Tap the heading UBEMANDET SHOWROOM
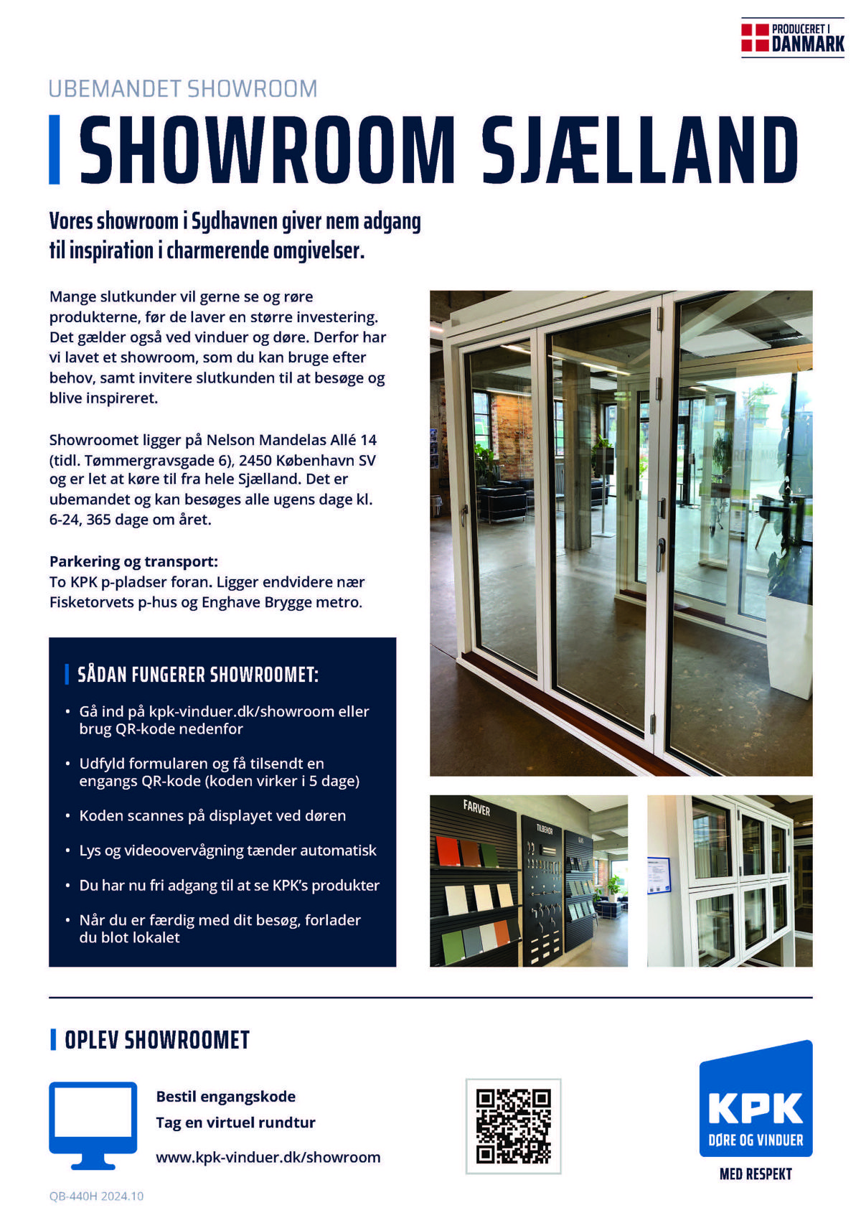coord(183,89)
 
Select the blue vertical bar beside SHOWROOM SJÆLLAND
coord(54,149)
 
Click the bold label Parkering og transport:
coord(133,561)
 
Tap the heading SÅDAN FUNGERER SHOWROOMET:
coord(198,675)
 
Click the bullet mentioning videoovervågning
coord(227,851)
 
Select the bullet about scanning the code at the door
coord(212,816)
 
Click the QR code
coord(513,1125)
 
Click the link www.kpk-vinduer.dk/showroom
coord(268,1157)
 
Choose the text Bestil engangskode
coord(225,1096)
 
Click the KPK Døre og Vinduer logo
coord(756,1100)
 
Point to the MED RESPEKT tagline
coord(756,1174)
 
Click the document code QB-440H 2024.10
coord(96,1196)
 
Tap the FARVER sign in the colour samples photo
coord(476,808)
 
